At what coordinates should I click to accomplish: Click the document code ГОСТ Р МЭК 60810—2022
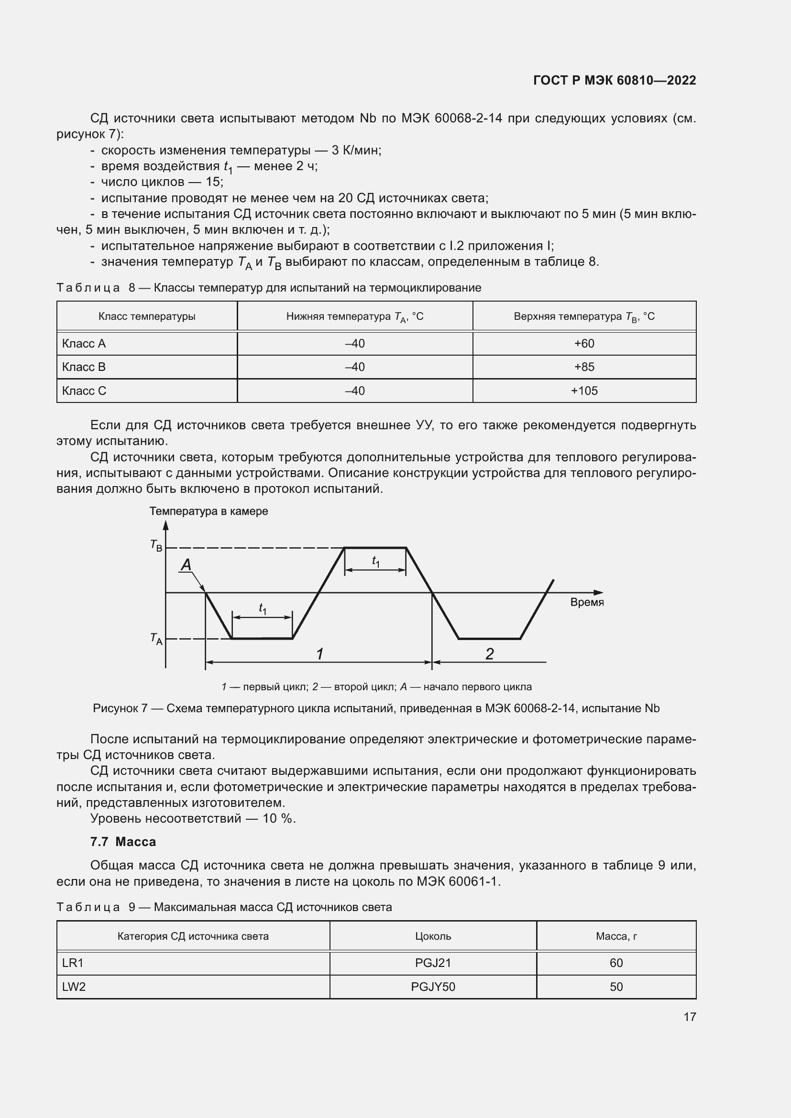pyautogui.click(x=614, y=80)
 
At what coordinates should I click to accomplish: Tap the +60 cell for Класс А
pyautogui.click(x=584, y=343)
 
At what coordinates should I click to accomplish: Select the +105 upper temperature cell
pyautogui.click(x=584, y=391)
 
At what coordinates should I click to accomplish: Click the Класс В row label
pyautogui.click(x=84, y=367)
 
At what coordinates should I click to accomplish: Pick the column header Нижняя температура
pyautogui.click(x=354, y=316)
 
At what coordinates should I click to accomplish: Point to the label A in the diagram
pyautogui.click(x=186, y=565)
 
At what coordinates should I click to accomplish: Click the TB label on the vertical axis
pyautogui.click(x=156, y=545)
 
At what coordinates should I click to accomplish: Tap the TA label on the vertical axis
pyautogui.click(x=156, y=639)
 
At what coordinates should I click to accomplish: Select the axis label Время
pyautogui.click(x=586, y=602)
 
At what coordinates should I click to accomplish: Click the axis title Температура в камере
pyautogui.click(x=209, y=511)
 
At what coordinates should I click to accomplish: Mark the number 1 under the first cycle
pyautogui.click(x=319, y=654)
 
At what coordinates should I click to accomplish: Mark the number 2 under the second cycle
pyautogui.click(x=490, y=654)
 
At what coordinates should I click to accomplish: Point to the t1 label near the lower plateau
pyautogui.click(x=262, y=608)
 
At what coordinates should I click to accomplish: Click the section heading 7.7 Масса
pyautogui.click(x=123, y=841)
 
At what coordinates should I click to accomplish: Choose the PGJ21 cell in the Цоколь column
pyautogui.click(x=432, y=963)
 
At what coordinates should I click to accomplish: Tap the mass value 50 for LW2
pyautogui.click(x=616, y=987)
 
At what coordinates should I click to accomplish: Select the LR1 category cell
pyautogui.click(x=73, y=963)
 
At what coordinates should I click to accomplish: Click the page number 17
pyautogui.click(x=690, y=1017)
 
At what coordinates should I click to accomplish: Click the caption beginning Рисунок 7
pyautogui.click(x=376, y=708)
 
